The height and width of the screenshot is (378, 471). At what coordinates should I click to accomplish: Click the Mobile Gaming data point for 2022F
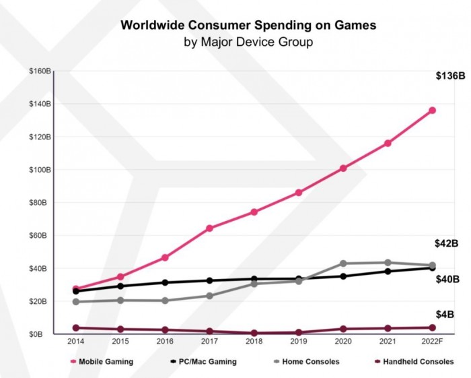tap(432, 110)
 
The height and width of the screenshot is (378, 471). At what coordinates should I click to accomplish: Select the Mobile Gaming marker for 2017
tap(209, 228)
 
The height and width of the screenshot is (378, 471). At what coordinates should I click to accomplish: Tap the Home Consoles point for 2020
tap(343, 263)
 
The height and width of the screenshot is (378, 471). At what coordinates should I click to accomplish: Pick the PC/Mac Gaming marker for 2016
tap(165, 282)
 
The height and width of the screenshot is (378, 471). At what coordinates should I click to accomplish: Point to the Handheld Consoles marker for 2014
tap(75, 328)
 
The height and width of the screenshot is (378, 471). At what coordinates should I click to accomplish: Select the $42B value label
tap(446, 244)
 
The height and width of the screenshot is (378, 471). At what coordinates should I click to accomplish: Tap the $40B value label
tap(446, 278)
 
